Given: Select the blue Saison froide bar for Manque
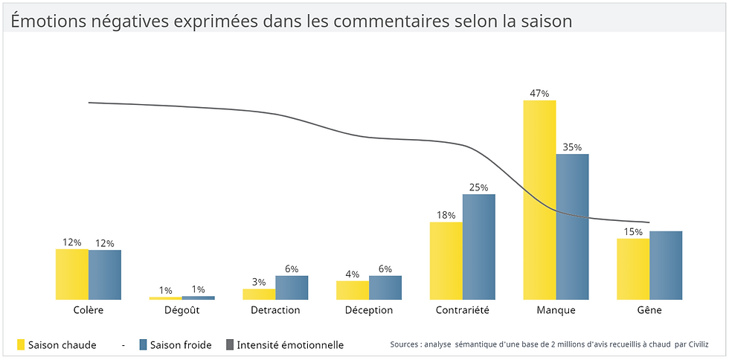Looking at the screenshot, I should [x=572, y=227].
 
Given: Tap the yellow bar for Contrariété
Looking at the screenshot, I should [x=446, y=260].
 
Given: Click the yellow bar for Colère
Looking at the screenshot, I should [x=72, y=274].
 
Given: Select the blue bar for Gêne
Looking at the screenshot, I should [x=666, y=266].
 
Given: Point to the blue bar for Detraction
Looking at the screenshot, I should [x=292, y=287].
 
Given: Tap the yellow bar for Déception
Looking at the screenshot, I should [x=353, y=290].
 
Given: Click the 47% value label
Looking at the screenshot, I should [x=539, y=94].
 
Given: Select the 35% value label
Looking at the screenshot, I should [x=572, y=147].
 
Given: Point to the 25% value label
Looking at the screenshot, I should [x=479, y=187].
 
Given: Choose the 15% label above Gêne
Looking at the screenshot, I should [x=633, y=232].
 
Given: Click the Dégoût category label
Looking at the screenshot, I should [x=182, y=310].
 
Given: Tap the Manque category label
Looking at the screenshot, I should [x=556, y=310].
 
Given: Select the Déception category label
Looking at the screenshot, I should [x=369, y=310].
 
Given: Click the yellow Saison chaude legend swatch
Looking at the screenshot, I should [x=21, y=344].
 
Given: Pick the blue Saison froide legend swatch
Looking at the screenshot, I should [x=144, y=344].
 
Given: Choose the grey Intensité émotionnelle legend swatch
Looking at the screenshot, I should [x=229, y=344].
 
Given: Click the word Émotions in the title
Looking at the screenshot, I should [x=45, y=21].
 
